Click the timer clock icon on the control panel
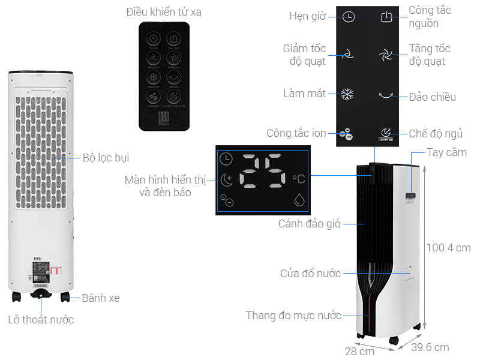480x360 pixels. pyautogui.click(x=349, y=17)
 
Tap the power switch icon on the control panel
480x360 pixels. pyautogui.click(x=386, y=17)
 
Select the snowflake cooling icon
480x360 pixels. pyautogui.click(x=347, y=94)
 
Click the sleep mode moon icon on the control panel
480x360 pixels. pyautogui.click(x=386, y=133)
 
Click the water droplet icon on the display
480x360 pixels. pyautogui.click(x=298, y=200)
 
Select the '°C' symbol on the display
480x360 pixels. pyautogui.click(x=298, y=178)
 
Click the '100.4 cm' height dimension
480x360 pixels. pyautogui.click(x=448, y=247)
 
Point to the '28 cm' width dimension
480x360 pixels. pyautogui.click(x=359, y=351)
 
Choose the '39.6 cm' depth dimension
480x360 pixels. pyautogui.click(x=430, y=347)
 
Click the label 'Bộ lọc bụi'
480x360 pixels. pyautogui.click(x=106, y=158)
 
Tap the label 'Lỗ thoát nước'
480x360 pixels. pyautogui.click(x=41, y=319)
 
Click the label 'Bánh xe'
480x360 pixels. pyautogui.click(x=101, y=298)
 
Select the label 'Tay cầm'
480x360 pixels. pyautogui.click(x=446, y=152)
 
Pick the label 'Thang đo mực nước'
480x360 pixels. pyautogui.click(x=293, y=316)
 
